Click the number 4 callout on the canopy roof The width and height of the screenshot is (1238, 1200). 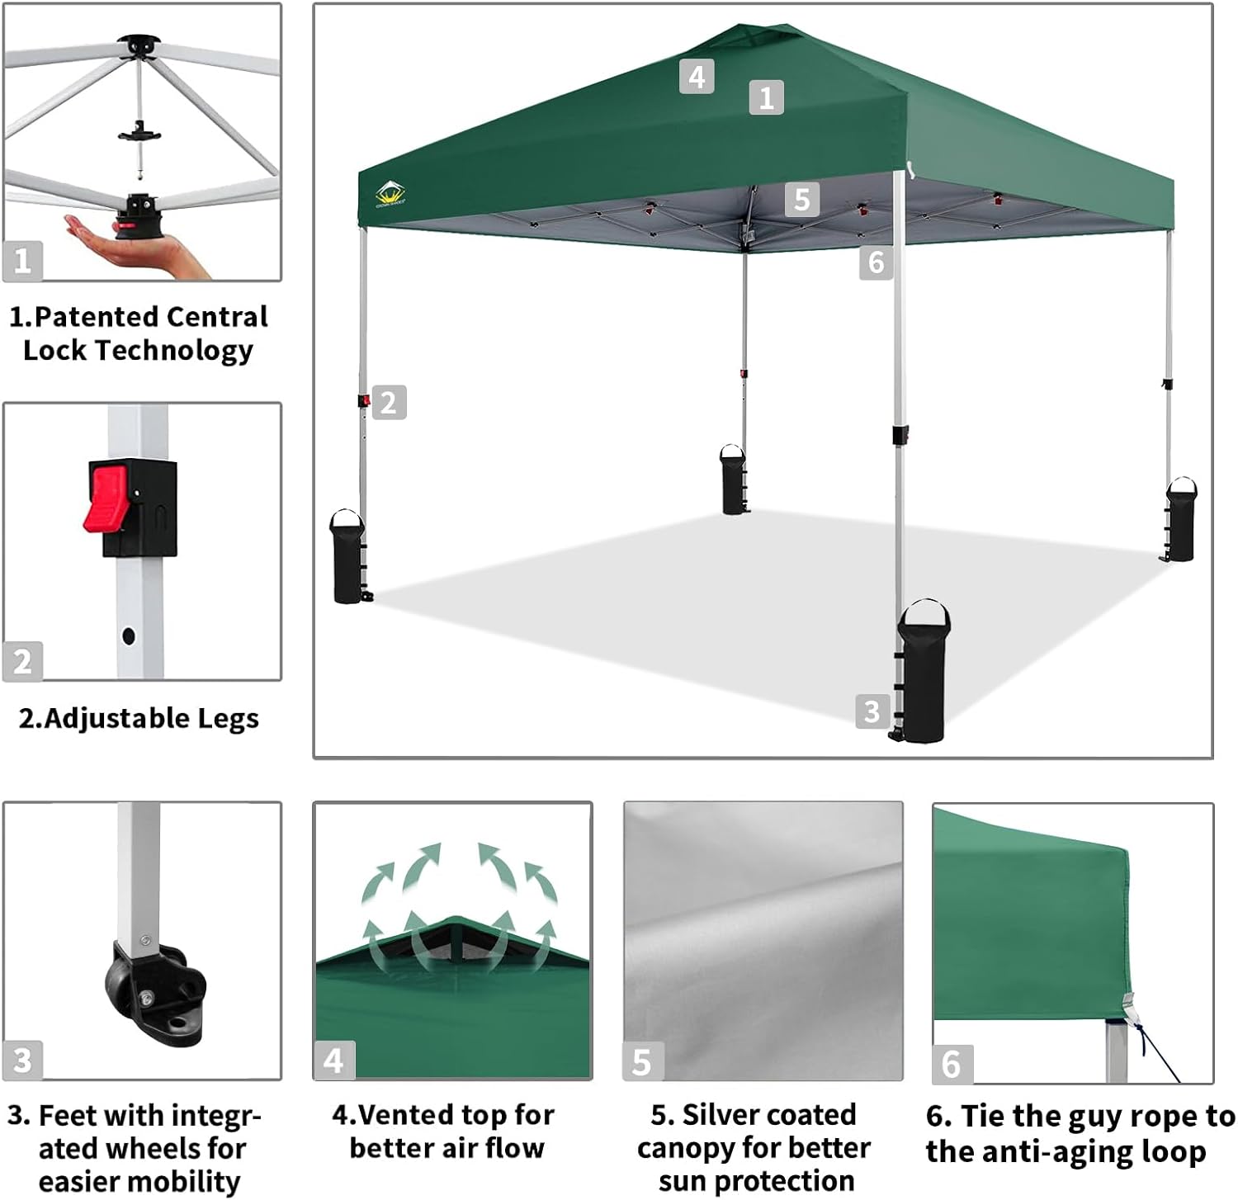tap(697, 77)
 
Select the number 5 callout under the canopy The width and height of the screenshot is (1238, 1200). tap(801, 200)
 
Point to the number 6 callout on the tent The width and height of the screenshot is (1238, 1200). tap(876, 262)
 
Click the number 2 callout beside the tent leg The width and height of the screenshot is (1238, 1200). tap(389, 403)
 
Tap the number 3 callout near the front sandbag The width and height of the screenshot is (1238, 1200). tap(872, 711)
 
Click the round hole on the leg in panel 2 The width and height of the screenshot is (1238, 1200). tap(128, 635)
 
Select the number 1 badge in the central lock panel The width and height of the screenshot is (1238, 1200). tap(22, 262)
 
